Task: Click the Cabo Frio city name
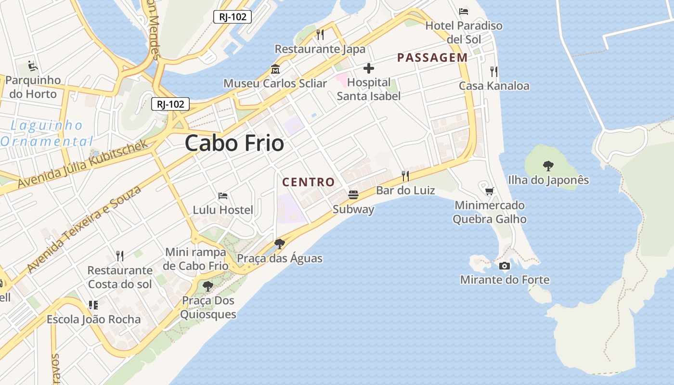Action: [x=234, y=143]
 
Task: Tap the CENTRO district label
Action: [x=308, y=182]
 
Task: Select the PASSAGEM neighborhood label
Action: [x=432, y=58]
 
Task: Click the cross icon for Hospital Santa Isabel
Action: [x=369, y=68]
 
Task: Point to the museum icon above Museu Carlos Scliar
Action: [x=275, y=69]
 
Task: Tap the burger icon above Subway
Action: [x=353, y=195]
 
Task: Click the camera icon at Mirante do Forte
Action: [x=505, y=266]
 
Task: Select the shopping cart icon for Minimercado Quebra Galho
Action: [x=490, y=191]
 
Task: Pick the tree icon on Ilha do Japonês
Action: [x=548, y=166]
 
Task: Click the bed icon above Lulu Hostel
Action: [x=223, y=196]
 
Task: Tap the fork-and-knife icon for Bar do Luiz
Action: [x=405, y=176]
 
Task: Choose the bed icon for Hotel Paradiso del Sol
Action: [x=464, y=11]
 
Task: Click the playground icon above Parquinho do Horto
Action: [x=33, y=65]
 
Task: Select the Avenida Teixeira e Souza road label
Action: [x=84, y=229]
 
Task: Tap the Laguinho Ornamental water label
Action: [x=47, y=133]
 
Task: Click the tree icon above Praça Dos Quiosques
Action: [x=208, y=286]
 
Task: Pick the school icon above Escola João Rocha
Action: [x=93, y=305]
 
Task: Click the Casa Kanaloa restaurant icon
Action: [x=493, y=72]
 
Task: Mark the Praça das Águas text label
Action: [x=280, y=258]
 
